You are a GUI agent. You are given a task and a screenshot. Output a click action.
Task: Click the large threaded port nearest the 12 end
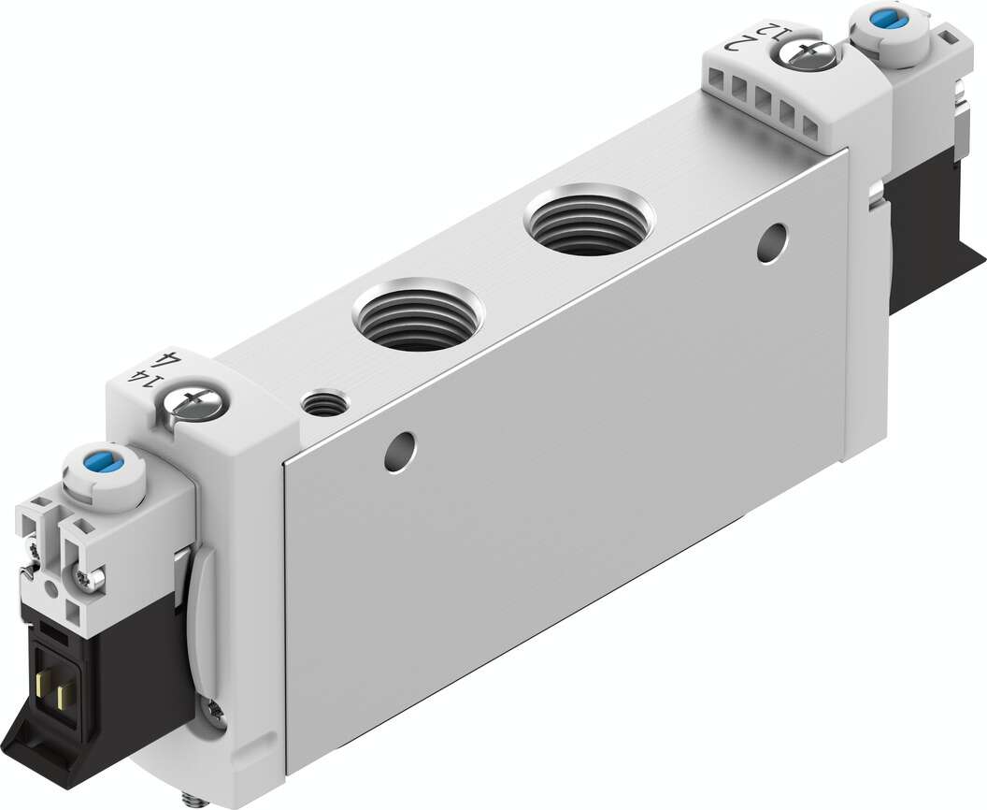point(589,222)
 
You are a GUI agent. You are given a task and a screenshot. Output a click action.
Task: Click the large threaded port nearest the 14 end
point(418,316)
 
